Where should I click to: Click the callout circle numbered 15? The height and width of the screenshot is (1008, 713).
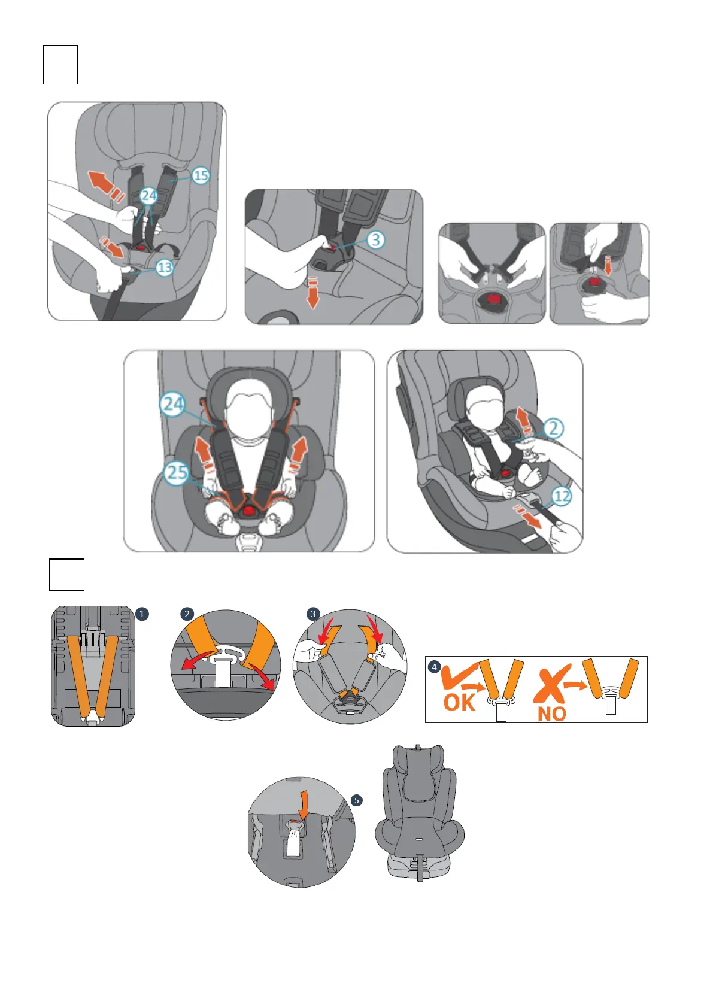tap(201, 175)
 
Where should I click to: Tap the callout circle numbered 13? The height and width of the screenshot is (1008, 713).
tap(164, 267)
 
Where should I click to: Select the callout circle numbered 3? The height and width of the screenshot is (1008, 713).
tap(375, 240)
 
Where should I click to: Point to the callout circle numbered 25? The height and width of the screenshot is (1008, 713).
tap(177, 472)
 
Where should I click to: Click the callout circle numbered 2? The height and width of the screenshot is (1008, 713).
tap(553, 428)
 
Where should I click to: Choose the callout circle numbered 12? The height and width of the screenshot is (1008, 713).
tap(561, 496)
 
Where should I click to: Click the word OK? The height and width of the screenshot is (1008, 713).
tap(459, 702)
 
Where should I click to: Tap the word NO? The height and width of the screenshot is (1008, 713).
tap(551, 714)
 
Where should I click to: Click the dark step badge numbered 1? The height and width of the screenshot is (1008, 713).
tap(142, 614)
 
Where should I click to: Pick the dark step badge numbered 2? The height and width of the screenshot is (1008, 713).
tap(187, 614)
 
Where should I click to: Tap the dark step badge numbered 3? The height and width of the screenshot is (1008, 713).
tap(313, 614)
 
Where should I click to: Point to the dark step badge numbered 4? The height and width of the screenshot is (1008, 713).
tap(435, 667)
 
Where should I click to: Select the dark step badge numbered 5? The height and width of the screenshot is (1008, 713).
tap(357, 800)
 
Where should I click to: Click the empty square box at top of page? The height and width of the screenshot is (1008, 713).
tap(60, 65)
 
